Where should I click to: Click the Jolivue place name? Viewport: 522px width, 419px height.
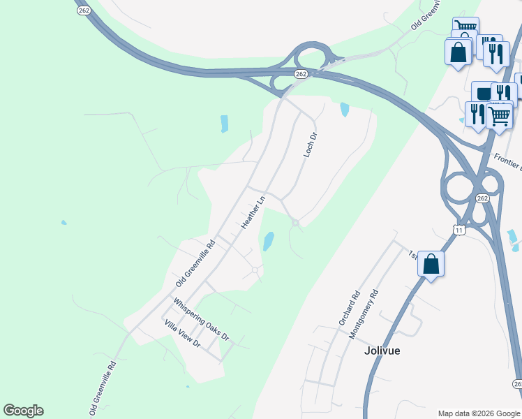coord(382,351)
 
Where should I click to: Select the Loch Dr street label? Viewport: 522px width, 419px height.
coord(311,145)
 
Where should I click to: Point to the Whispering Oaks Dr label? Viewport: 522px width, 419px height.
coord(201,319)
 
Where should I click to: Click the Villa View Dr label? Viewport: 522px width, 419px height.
coord(182,334)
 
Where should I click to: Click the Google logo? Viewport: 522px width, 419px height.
coord(23,411)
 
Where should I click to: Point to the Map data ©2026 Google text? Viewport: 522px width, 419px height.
coord(479,413)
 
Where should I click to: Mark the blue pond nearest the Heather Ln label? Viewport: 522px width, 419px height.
coord(268,242)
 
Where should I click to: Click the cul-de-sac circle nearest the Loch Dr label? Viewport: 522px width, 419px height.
coord(296,223)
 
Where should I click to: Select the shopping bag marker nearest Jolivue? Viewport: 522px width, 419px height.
coord(431,265)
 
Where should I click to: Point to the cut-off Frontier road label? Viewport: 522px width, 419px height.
coord(507,162)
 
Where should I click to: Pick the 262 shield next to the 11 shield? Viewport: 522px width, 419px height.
coord(483,198)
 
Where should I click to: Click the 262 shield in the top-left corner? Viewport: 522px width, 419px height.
coord(83,10)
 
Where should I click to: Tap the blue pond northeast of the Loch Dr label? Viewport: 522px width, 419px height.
coord(344,109)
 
